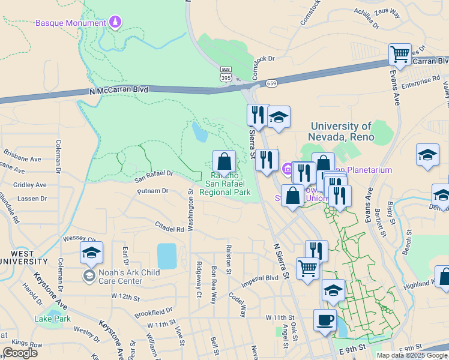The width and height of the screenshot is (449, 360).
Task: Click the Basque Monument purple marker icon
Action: tap(116, 23)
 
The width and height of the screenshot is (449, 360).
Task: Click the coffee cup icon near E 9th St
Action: tap(325, 320)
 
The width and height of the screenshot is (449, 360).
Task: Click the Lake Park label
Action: tap(53, 319)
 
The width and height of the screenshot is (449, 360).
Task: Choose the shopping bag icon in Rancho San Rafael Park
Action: tap(224, 161)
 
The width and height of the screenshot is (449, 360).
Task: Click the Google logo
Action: tap(20, 353)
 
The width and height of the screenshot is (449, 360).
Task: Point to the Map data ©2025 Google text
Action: tap(412, 355)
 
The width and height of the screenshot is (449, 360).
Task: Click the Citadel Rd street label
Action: tap(170, 229)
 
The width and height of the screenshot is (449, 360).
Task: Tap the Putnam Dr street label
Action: tap(153, 191)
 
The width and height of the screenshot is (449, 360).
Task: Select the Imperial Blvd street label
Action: tap(260, 278)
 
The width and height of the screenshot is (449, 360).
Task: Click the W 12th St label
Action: tap(125, 297)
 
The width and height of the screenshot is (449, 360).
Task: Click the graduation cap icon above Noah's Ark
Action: tap(91, 253)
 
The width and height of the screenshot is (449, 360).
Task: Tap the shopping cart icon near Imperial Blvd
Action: tap(308, 269)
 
